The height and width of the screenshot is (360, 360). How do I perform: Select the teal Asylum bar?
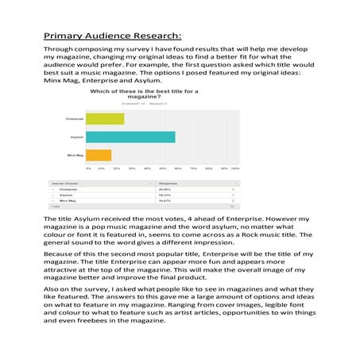click(x=130, y=136)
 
